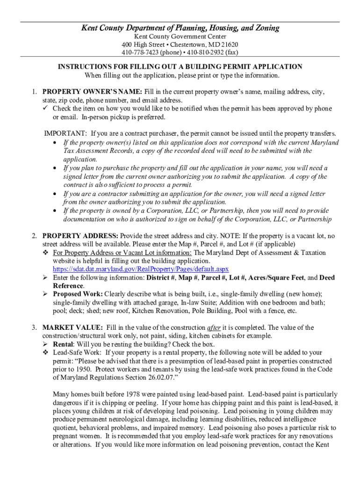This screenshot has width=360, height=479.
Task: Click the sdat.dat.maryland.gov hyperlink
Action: coord(141,269)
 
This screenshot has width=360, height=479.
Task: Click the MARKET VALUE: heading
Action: coord(72,327)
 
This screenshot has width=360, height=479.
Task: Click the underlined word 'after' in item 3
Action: coord(214,327)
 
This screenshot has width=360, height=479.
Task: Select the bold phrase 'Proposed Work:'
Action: coord(78,294)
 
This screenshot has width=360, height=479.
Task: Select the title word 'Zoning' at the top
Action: coord(265,28)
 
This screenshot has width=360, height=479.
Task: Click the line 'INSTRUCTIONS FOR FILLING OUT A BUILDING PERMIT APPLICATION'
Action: coord(180,67)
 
